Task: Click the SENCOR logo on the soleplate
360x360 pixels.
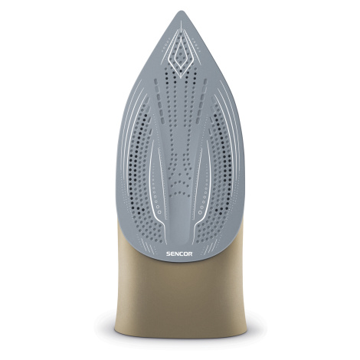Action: tap(179, 254)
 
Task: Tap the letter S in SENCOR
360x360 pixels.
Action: tap(169, 254)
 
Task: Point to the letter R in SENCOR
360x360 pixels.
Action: tap(191, 254)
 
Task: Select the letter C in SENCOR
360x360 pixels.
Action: tap(181, 254)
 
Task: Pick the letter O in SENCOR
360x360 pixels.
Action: tap(185, 254)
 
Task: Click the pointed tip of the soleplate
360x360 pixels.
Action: tap(182, 11)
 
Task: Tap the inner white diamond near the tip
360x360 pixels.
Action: tap(181, 54)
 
